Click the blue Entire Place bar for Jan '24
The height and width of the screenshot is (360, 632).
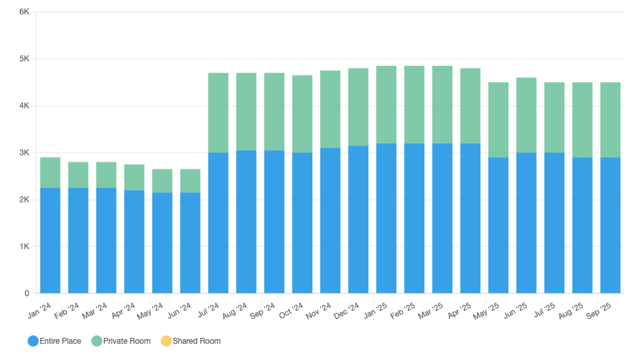click(x=50, y=240)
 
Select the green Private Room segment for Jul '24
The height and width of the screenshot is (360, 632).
click(x=218, y=113)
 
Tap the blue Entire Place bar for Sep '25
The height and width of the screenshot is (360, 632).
click(x=610, y=225)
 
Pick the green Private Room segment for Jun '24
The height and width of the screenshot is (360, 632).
click(x=190, y=181)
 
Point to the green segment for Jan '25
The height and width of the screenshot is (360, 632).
click(x=386, y=104)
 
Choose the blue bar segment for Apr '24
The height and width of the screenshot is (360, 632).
click(x=134, y=242)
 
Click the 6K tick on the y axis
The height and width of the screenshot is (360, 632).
click(x=23, y=12)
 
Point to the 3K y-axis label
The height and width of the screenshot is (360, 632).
click(x=23, y=153)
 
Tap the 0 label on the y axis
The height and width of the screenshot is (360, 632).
click(x=26, y=294)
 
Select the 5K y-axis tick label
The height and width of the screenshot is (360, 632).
click(x=23, y=59)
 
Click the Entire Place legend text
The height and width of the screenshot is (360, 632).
click(x=61, y=341)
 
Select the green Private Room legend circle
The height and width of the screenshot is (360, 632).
click(x=96, y=341)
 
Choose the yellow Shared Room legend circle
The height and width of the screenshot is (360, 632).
click(x=165, y=341)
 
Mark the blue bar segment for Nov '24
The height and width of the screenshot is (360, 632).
click(x=330, y=221)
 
